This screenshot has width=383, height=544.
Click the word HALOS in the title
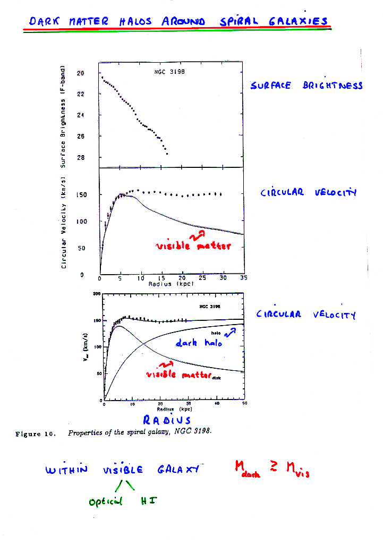[135, 22]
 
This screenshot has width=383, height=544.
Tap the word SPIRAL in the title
[239, 22]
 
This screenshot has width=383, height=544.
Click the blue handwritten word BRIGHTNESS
[333, 86]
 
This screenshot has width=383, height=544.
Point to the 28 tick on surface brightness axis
[81, 158]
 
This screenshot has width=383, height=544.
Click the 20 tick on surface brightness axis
[81, 73]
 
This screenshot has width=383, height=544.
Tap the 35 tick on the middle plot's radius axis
[244, 278]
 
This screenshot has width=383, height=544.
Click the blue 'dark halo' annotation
[199, 344]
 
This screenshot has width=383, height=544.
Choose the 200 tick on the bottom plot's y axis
[97, 294]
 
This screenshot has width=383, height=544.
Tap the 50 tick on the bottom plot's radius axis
[244, 404]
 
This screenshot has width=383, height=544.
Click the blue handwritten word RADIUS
[167, 421]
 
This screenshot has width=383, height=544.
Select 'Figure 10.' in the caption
[36, 433]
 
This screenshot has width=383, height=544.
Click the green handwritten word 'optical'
[105, 500]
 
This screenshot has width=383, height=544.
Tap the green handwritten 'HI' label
[147, 500]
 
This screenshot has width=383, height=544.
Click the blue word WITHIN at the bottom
[67, 470]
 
